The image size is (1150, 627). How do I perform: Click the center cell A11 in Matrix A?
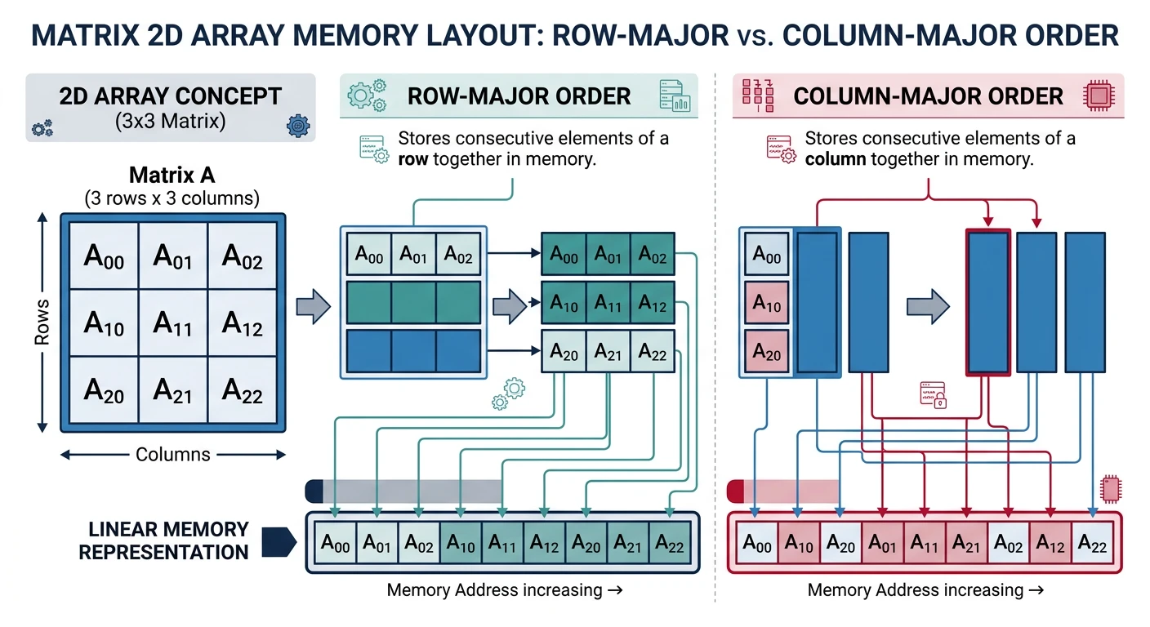click(173, 323)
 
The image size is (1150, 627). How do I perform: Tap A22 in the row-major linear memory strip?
click(671, 543)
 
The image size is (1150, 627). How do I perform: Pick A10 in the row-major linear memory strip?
click(461, 543)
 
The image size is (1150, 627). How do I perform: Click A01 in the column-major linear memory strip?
click(883, 543)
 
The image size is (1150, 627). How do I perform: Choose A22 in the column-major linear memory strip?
click(1091, 543)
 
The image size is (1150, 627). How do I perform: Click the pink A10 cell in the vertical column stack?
click(766, 307)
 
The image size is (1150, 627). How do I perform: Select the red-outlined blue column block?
click(988, 302)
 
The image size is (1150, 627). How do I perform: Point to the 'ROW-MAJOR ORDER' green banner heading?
click(519, 96)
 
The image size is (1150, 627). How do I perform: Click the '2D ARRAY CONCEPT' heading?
click(171, 96)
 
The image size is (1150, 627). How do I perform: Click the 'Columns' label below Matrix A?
click(172, 455)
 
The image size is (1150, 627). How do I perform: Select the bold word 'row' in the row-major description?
click(413, 160)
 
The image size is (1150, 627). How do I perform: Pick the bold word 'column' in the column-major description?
click(835, 160)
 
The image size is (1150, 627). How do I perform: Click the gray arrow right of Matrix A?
click(312, 307)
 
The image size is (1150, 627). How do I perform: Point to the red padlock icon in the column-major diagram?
click(932, 394)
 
